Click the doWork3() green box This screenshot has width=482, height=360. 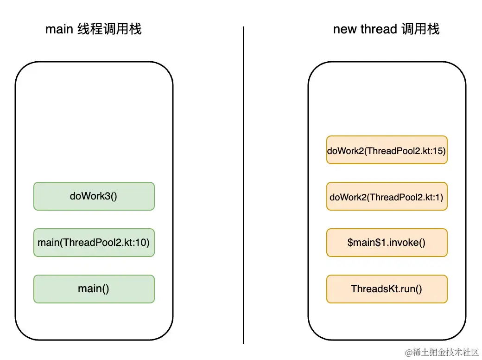tap(94, 196)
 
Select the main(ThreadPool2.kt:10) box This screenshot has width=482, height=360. tap(94, 242)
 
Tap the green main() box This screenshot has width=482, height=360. tap(94, 289)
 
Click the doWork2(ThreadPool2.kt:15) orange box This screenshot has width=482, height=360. tap(387, 150)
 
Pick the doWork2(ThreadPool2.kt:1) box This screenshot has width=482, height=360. tap(387, 196)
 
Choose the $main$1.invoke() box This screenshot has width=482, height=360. tap(387, 242)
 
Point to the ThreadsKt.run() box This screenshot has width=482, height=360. tap(387, 289)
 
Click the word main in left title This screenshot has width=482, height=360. tap(59, 29)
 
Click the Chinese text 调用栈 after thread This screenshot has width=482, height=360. tap(420, 29)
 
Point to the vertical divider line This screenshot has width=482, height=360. tap(243, 186)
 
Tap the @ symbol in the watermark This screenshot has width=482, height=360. tap(408, 353)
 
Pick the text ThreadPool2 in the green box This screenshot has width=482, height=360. tap(92, 242)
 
